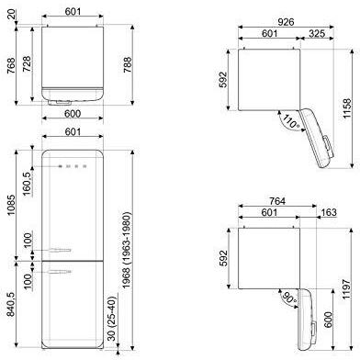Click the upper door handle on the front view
coord(58,247)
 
